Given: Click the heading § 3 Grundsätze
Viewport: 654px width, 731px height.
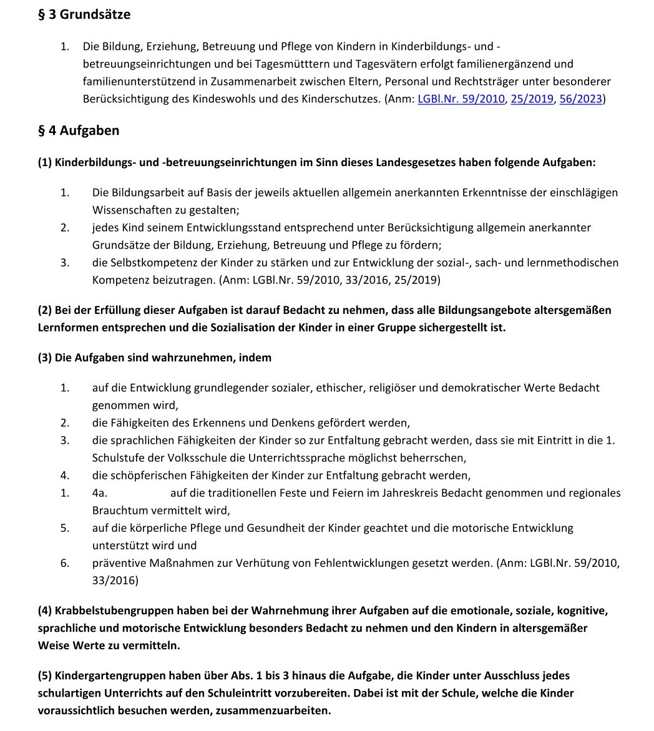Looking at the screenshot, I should pos(84,15).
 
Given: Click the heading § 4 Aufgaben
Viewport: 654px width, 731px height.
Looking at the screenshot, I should pos(79,131).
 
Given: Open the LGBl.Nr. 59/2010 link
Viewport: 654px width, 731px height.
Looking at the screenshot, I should pos(461,99).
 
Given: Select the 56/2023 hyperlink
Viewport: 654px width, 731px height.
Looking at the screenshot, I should pos(581,99).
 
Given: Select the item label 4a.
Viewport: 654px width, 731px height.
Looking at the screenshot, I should pos(99,493).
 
